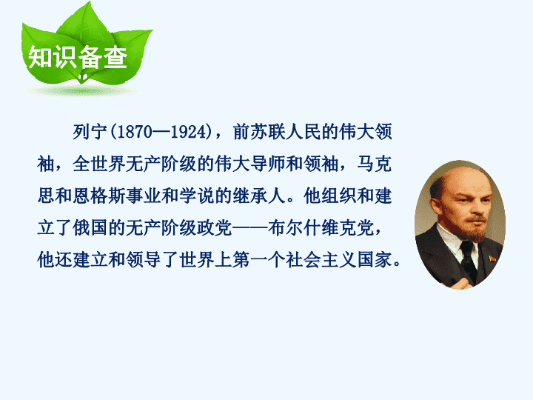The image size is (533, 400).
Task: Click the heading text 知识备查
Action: (78, 57)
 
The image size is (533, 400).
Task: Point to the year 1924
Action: (189, 132)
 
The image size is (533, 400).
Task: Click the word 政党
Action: (215, 228)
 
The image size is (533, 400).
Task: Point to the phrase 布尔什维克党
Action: (321, 228)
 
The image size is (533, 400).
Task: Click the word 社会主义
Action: (321, 260)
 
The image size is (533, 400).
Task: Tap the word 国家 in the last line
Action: (375, 260)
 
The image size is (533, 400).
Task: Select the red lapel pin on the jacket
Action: (492, 259)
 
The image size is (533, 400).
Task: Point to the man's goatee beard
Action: (475, 230)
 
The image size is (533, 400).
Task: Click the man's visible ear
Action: (435, 208)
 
